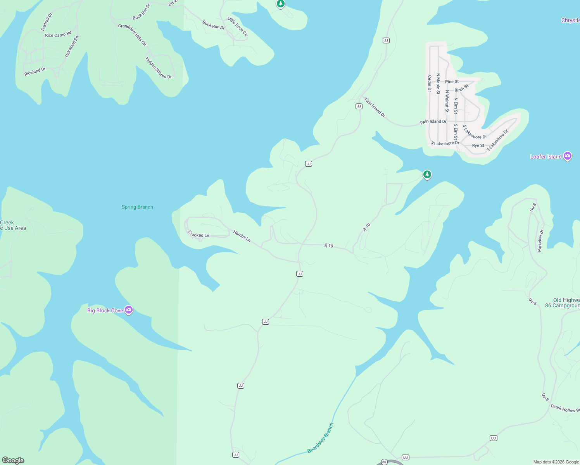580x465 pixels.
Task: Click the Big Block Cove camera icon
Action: coord(129,310)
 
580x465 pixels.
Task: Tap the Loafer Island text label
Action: coord(546,157)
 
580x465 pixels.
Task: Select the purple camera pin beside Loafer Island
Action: coord(568,156)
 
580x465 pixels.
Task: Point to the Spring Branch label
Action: coord(137,207)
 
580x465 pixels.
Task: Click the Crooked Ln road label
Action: coord(199,235)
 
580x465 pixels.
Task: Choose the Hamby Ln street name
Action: coord(242,236)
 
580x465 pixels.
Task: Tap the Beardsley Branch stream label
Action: coord(320,438)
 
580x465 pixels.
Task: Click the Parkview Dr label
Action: coord(540,241)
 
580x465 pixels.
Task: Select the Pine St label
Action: coord(452,81)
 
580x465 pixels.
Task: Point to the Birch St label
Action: coord(461,88)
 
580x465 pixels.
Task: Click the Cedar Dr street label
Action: coord(430,83)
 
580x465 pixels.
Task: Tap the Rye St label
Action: coord(478,146)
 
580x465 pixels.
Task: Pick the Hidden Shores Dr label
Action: coord(158,68)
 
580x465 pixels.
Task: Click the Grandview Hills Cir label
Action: coord(132,35)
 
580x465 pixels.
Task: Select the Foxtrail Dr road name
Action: coord(47,22)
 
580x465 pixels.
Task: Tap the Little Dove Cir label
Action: coord(238,27)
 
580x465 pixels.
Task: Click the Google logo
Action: coord(13,460)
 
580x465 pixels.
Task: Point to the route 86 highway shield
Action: coord(384,462)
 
